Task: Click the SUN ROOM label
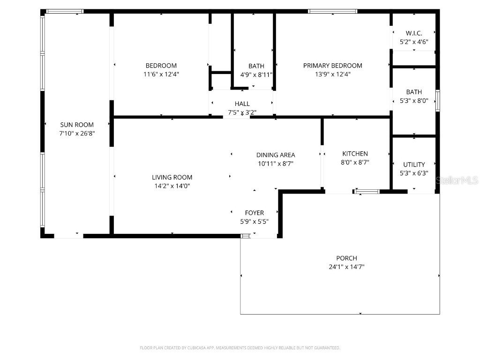click(x=77, y=125)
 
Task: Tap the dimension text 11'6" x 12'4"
click(x=161, y=74)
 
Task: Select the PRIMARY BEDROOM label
click(x=332, y=66)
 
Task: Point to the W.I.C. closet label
click(x=414, y=33)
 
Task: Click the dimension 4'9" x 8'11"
click(x=256, y=74)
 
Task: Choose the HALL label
click(x=242, y=104)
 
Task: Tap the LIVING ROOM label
click(x=172, y=177)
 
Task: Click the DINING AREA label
click(x=276, y=155)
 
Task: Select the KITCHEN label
click(x=355, y=154)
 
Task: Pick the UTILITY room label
click(x=414, y=165)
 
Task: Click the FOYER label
click(x=255, y=213)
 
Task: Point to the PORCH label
click(x=346, y=258)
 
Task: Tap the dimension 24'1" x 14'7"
click(x=346, y=267)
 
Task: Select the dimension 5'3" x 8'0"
click(x=414, y=100)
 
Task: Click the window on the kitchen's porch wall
click(x=367, y=191)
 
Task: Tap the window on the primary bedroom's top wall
click(x=332, y=11)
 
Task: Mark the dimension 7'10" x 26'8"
click(x=77, y=133)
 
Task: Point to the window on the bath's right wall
click(x=438, y=100)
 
